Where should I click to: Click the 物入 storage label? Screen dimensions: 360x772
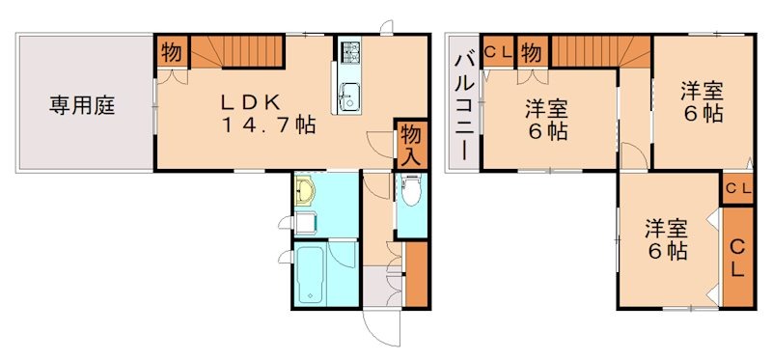[x=409, y=145]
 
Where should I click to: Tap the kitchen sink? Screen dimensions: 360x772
[x=348, y=96]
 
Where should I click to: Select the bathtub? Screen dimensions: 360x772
[x=310, y=274]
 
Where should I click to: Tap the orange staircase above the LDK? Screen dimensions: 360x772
[x=235, y=48]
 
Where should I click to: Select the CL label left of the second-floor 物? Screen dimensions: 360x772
[x=498, y=52]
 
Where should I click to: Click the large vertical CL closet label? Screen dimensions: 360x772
[x=736, y=259]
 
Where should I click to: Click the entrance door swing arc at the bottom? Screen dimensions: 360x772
[x=381, y=328]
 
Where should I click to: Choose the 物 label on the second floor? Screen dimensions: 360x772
[x=532, y=52]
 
